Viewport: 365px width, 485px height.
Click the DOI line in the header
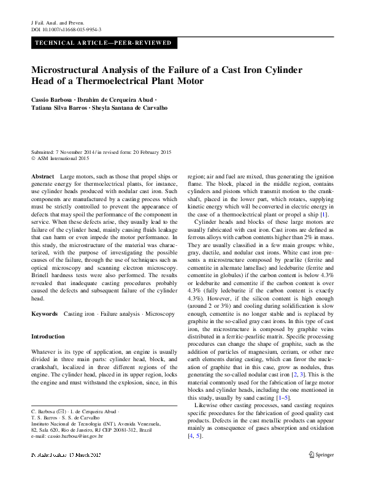pyautogui.click(x=66, y=29)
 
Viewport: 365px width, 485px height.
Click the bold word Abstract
pyautogui.click(x=42, y=176)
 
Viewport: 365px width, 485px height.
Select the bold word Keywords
pyautogui.click(x=44, y=313)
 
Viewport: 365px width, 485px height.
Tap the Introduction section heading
pyautogui.click(x=47, y=337)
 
